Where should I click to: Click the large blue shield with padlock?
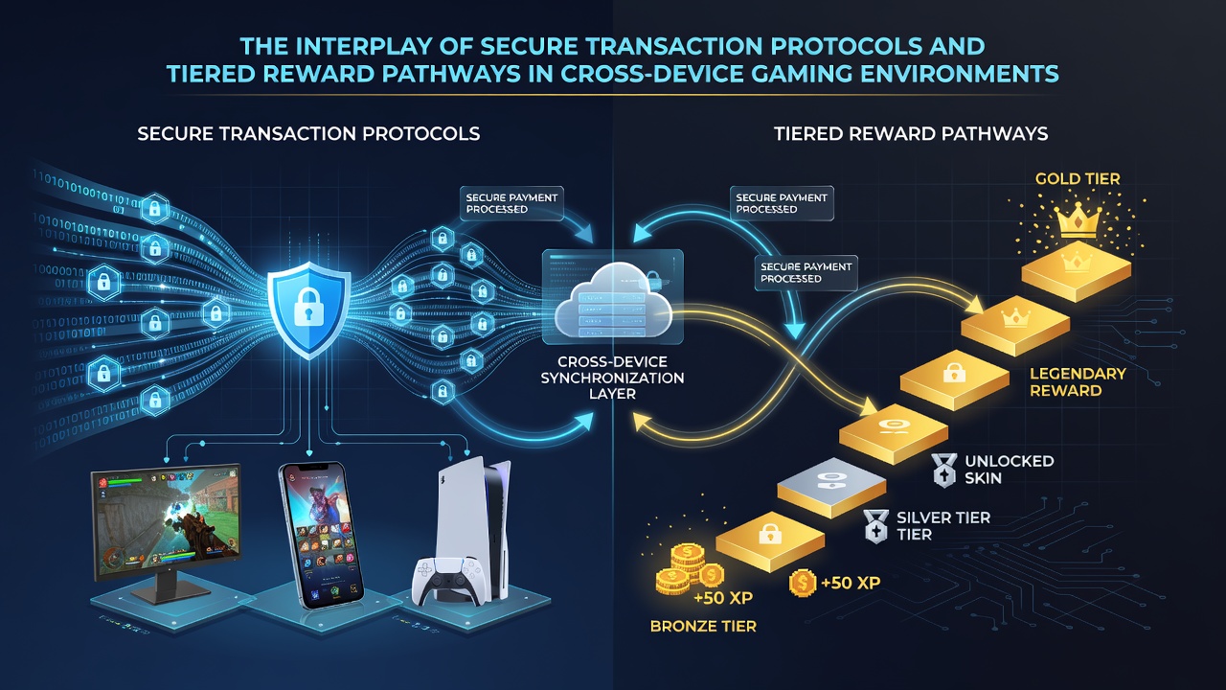[x=309, y=310]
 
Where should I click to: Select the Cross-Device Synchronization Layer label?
[x=612, y=378]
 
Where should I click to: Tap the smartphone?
[x=321, y=535]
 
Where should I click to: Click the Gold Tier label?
[x=1078, y=178]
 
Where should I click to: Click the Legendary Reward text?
[x=1078, y=381]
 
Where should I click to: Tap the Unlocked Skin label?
[x=1010, y=470]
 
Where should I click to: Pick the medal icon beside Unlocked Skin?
[x=944, y=470]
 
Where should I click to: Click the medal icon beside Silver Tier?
[x=875, y=526]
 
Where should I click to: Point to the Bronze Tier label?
[x=703, y=626]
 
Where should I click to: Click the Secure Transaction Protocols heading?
[x=308, y=133]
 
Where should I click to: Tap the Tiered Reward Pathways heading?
[x=911, y=133]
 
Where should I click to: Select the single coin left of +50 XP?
[x=803, y=583]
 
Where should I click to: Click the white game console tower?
[x=474, y=526]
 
